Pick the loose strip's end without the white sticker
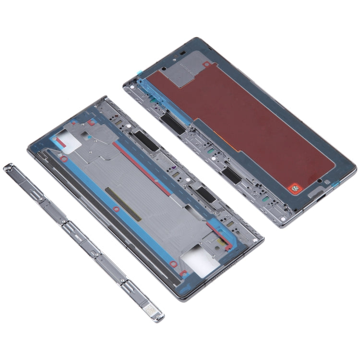pos(8,167)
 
